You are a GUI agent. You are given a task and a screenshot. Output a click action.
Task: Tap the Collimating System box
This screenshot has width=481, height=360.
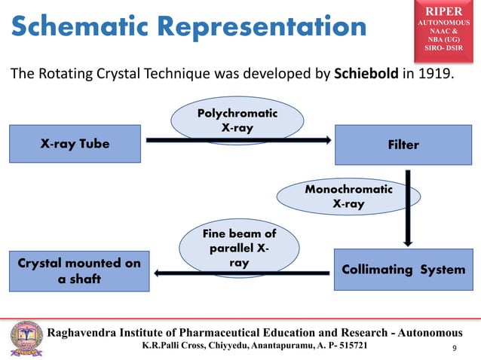pos(403,270)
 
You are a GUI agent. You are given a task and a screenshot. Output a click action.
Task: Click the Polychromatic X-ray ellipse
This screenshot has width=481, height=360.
pos(237,121)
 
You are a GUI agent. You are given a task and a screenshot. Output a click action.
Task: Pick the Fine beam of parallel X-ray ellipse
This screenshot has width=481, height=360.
pos(239,249)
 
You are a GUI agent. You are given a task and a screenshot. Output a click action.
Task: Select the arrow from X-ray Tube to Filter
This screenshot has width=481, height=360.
pos(238,139)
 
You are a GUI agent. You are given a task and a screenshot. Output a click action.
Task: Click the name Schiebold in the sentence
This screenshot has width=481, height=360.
pos(365,76)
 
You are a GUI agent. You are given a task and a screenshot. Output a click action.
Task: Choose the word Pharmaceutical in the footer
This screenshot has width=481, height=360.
pos(228,332)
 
